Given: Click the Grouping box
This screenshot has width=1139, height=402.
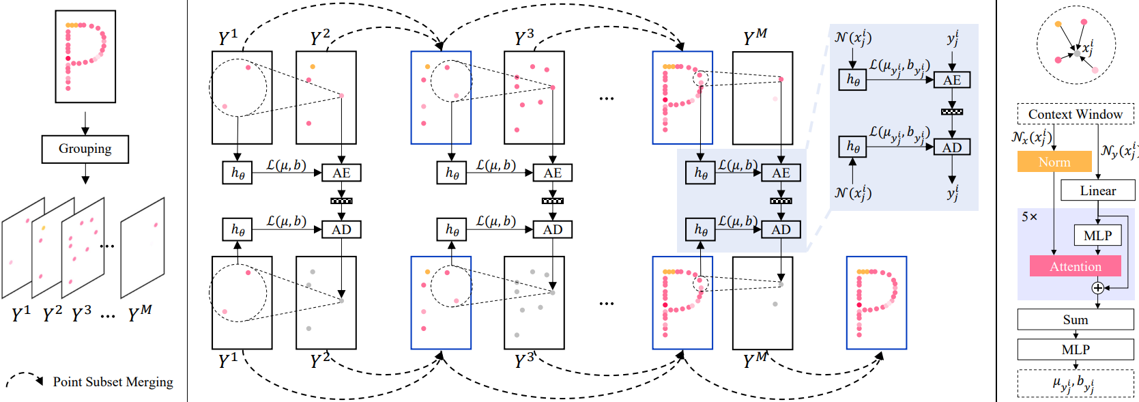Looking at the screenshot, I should pos(85,149).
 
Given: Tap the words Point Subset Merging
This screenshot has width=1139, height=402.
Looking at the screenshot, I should pos(113,382).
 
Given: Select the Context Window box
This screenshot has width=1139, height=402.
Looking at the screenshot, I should pos(1075,114).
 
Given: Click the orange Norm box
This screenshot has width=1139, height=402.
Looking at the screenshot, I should pos(1054,162).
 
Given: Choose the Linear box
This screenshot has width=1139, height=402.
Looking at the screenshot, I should pos(1097,190).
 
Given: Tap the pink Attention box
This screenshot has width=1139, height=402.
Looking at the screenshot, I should pos(1075,266).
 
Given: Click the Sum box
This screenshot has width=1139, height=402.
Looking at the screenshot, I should pos(1075,319).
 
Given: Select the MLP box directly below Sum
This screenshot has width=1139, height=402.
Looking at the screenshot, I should pos(1075,349).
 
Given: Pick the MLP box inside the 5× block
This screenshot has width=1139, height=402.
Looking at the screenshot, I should pos(1097,235).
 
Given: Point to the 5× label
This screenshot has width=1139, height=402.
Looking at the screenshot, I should pos(1029,217).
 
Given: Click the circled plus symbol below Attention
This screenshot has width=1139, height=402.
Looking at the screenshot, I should pos(1097,288).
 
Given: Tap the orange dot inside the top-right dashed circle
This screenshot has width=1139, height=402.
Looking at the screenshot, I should pos(1058,25).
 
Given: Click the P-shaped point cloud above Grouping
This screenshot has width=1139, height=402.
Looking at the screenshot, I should pos(85,56).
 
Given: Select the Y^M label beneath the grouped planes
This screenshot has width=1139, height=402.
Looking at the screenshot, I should pos(140,313).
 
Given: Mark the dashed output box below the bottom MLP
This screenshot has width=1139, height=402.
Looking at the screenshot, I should pos(1075,384).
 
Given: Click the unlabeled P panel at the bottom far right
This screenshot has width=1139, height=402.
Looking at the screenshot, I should pos(876,302).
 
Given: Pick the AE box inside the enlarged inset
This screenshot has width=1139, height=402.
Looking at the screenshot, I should pos(951,80).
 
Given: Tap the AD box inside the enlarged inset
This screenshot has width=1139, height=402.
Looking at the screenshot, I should pos(951,147).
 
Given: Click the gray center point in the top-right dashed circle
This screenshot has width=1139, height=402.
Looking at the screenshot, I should pos(1076,53).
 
